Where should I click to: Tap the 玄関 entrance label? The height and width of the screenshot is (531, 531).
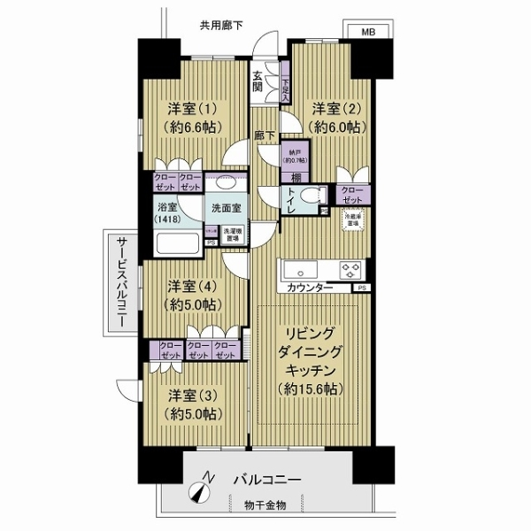tap(258, 81)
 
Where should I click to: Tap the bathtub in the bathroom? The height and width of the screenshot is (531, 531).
tap(178, 243)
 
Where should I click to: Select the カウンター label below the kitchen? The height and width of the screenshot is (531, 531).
tap(310, 289)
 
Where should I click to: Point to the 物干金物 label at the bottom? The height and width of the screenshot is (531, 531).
tap(265, 504)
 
